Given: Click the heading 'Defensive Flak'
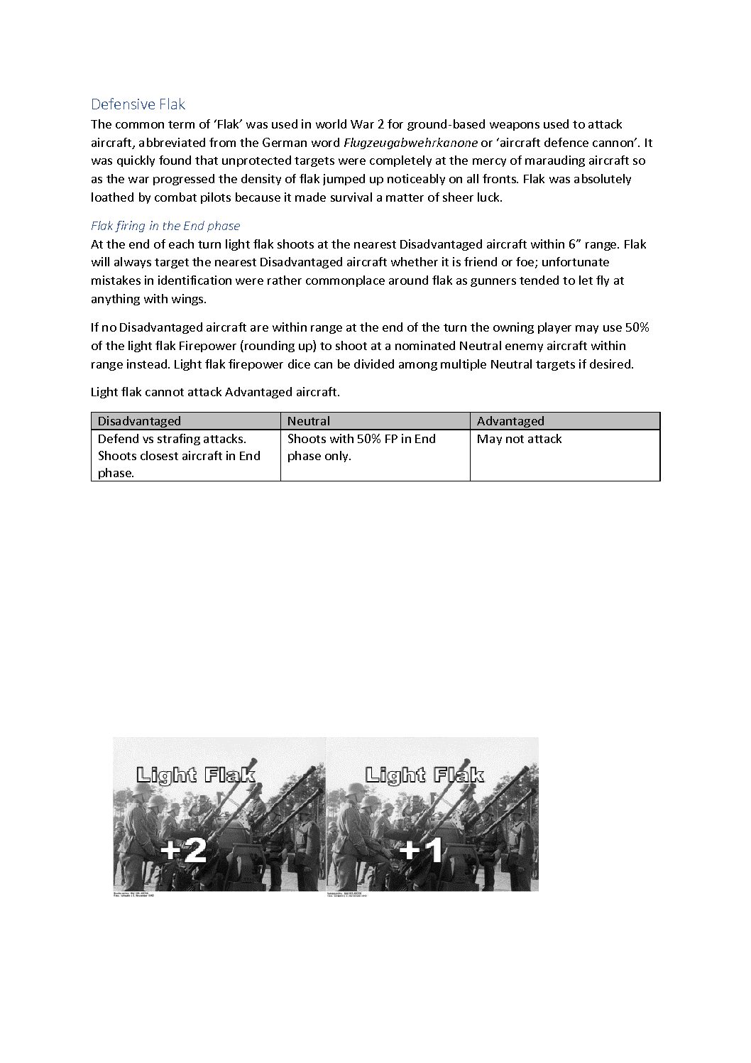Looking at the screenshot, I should [x=138, y=104].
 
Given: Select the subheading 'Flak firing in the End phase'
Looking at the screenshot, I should [x=165, y=226].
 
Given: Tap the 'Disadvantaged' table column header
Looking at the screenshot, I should [x=139, y=421].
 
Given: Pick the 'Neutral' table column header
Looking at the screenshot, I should [x=309, y=421].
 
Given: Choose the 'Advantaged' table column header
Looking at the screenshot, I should [x=510, y=421].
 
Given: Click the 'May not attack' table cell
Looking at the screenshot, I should [x=519, y=439].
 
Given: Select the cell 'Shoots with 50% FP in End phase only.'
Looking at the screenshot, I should [x=361, y=447].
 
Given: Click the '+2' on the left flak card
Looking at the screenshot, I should [x=183, y=849].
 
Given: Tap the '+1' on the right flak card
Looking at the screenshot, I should [x=422, y=849].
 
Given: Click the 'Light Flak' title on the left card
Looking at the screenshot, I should [x=195, y=775].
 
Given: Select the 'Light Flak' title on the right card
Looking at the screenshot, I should [x=424, y=775].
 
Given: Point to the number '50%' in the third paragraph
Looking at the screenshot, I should [x=637, y=327].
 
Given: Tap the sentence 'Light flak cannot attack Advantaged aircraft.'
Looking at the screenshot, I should [x=215, y=392].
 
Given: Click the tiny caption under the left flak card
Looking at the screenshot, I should [x=135, y=894].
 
